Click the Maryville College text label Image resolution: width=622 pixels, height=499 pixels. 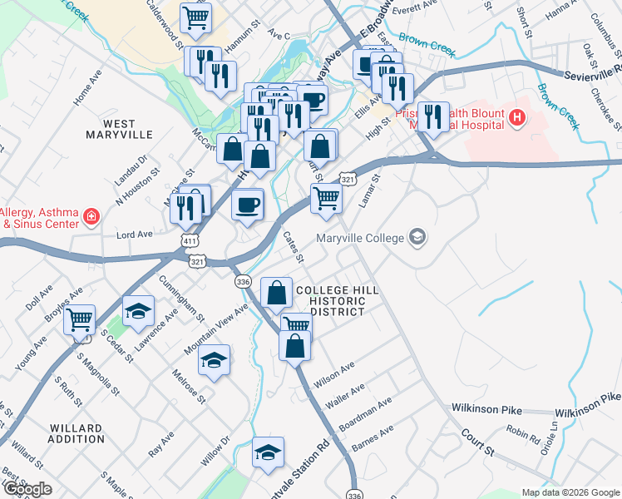360,239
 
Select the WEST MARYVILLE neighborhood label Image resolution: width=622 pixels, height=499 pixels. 120,129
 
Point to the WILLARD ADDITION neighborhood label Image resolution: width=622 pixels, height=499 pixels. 77,433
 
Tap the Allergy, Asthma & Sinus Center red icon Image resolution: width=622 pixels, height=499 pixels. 91,218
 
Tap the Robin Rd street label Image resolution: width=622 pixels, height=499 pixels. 523,433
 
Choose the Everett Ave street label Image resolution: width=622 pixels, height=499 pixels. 414,9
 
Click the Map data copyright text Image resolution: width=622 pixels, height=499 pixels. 570,492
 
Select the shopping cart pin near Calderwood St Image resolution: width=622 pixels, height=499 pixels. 195,17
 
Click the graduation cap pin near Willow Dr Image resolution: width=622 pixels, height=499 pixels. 267,452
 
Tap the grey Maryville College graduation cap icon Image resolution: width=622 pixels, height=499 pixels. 417,239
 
